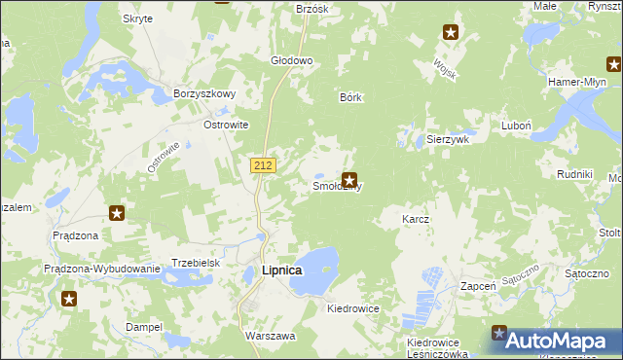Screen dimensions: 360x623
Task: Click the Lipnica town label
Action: pos(282,270)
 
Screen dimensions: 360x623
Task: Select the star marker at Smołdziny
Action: pos(349,180)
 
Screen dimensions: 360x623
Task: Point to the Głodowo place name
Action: pos(291,60)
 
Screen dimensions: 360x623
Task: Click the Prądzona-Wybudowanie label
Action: pos(101,269)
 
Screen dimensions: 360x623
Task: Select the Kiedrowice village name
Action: pos(353,307)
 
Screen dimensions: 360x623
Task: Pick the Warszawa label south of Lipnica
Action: pos(270,335)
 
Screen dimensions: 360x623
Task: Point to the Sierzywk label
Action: pos(449,139)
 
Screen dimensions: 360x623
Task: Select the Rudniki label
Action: pos(574,173)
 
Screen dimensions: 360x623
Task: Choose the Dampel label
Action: pos(143,327)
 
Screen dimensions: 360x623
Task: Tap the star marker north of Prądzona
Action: pos(116,213)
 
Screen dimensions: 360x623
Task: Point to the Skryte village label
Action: pos(137,18)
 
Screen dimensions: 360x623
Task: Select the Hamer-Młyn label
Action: pos(577,83)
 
